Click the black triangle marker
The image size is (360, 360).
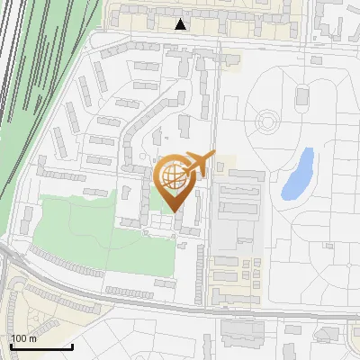181,24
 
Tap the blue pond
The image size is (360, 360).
298,175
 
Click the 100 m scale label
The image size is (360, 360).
23,338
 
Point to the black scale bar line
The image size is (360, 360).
41,346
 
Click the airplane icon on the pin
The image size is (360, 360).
200,166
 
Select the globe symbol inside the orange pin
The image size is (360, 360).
175,178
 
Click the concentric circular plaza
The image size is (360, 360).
266,120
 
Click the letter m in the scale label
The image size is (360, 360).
32,338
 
